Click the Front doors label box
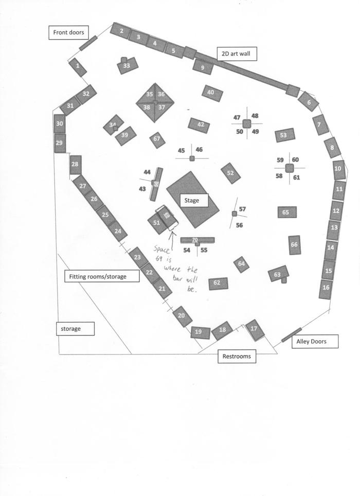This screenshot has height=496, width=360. coord(68,33)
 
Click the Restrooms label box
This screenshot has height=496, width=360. coord(237,356)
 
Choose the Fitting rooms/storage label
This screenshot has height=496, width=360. coord(104,276)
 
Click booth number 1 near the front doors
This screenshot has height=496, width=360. coord(78,66)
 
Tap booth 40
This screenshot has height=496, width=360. coord(212,93)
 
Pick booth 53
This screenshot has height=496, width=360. coord(284,135)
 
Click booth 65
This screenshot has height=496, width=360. coord(286,212)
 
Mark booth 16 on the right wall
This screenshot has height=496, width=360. coord(326,288)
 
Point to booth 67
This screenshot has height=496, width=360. coord(157,139)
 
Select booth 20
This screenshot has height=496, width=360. coord(181,316)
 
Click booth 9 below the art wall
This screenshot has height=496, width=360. coord(203,67)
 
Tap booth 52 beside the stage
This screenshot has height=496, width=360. coord(230,173)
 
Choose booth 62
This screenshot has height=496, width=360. coord(218,283)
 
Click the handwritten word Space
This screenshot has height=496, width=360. coord(164,249)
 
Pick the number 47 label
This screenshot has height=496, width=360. coord(237,117)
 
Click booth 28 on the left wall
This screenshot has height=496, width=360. coord(76,165)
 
